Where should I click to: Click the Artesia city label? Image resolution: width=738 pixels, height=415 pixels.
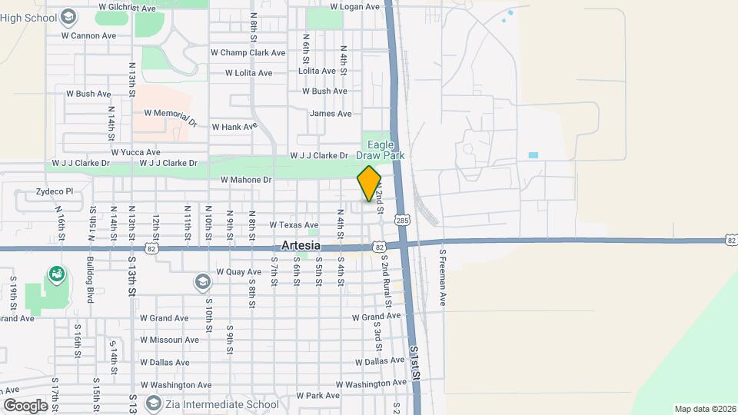pyautogui.click(x=301, y=245)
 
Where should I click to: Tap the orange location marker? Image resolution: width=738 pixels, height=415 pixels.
pyautogui.click(x=369, y=184)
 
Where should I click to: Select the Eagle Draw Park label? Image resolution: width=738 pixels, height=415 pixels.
pyautogui.click(x=385, y=150)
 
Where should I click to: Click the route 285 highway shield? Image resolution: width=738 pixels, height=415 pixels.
pyautogui.click(x=403, y=221)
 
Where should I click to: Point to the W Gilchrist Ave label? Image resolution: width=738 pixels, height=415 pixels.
pyautogui.click(x=127, y=8)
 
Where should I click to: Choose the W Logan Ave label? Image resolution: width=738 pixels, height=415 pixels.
pyautogui.click(x=354, y=7)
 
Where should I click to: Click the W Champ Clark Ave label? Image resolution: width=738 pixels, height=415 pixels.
pyautogui.click(x=248, y=53)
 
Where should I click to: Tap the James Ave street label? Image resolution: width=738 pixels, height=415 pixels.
pyautogui.click(x=331, y=114)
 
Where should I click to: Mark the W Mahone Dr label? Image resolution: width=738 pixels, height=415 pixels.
pyautogui.click(x=246, y=180)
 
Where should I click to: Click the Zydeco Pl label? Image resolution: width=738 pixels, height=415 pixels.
pyautogui.click(x=54, y=192)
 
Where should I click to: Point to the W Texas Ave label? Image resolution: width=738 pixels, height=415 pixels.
pyautogui.click(x=294, y=225)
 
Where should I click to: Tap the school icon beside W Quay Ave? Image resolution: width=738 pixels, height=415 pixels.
pyautogui.click(x=202, y=281)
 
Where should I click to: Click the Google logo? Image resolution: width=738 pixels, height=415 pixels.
pyautogui.click(x=25, y=405)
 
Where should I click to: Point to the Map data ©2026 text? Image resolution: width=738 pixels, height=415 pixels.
pyautogui.click(x=704, y=409)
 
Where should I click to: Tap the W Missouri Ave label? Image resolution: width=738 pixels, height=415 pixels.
pyautogui.click(x=169, y=340)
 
